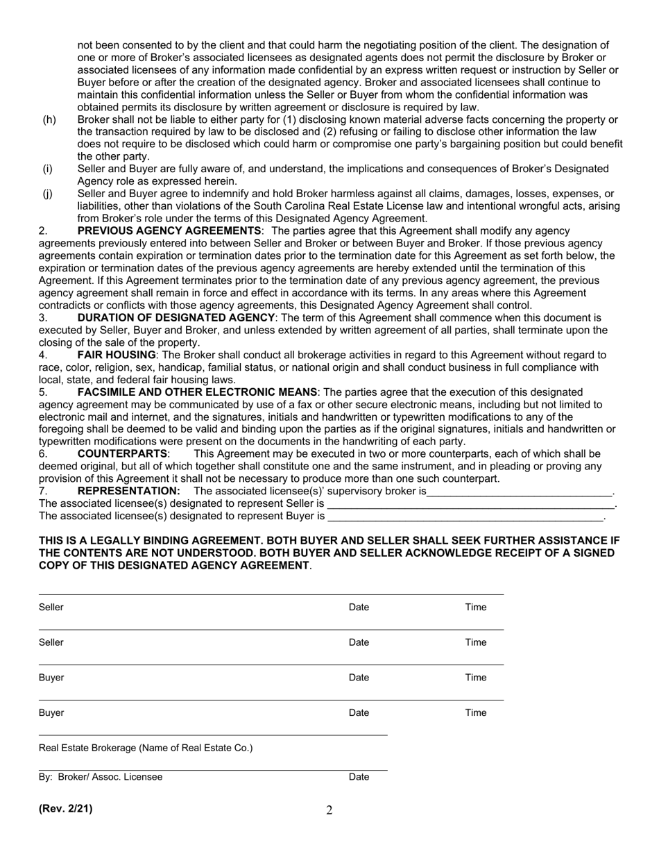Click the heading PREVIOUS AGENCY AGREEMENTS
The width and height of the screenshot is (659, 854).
(x=169, y=231)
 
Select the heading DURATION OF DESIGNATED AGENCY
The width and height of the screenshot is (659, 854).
(x=176, y=317)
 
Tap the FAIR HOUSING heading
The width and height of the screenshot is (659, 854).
(x=117, y=355)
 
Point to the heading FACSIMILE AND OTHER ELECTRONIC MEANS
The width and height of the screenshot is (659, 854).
(x=197, y=392)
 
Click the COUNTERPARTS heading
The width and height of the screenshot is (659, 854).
(x=122, y=453)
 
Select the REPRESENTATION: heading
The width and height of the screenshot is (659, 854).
(x=128, y=491)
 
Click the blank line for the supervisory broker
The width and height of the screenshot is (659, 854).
(x=520, y=492)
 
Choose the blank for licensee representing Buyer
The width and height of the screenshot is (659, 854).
(x=465, y=517)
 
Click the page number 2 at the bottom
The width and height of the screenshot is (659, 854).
(x=329, y=810)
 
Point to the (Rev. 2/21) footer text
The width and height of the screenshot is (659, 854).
(x=65, y=808)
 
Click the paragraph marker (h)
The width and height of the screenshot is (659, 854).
(x=49, y=119)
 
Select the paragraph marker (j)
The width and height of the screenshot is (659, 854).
(x=48, y=194)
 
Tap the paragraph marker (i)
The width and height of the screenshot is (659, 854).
(x=47, y=169)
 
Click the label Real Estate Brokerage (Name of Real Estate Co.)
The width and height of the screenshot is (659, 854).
(x=146, y=748)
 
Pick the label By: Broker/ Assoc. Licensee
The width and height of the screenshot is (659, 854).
(x=101, y=777)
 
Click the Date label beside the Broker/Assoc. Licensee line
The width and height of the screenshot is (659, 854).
(x=359, y=777)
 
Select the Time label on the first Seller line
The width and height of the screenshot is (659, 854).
(x=475, y=608)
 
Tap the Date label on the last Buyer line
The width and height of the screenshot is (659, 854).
(x=359, y=712)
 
